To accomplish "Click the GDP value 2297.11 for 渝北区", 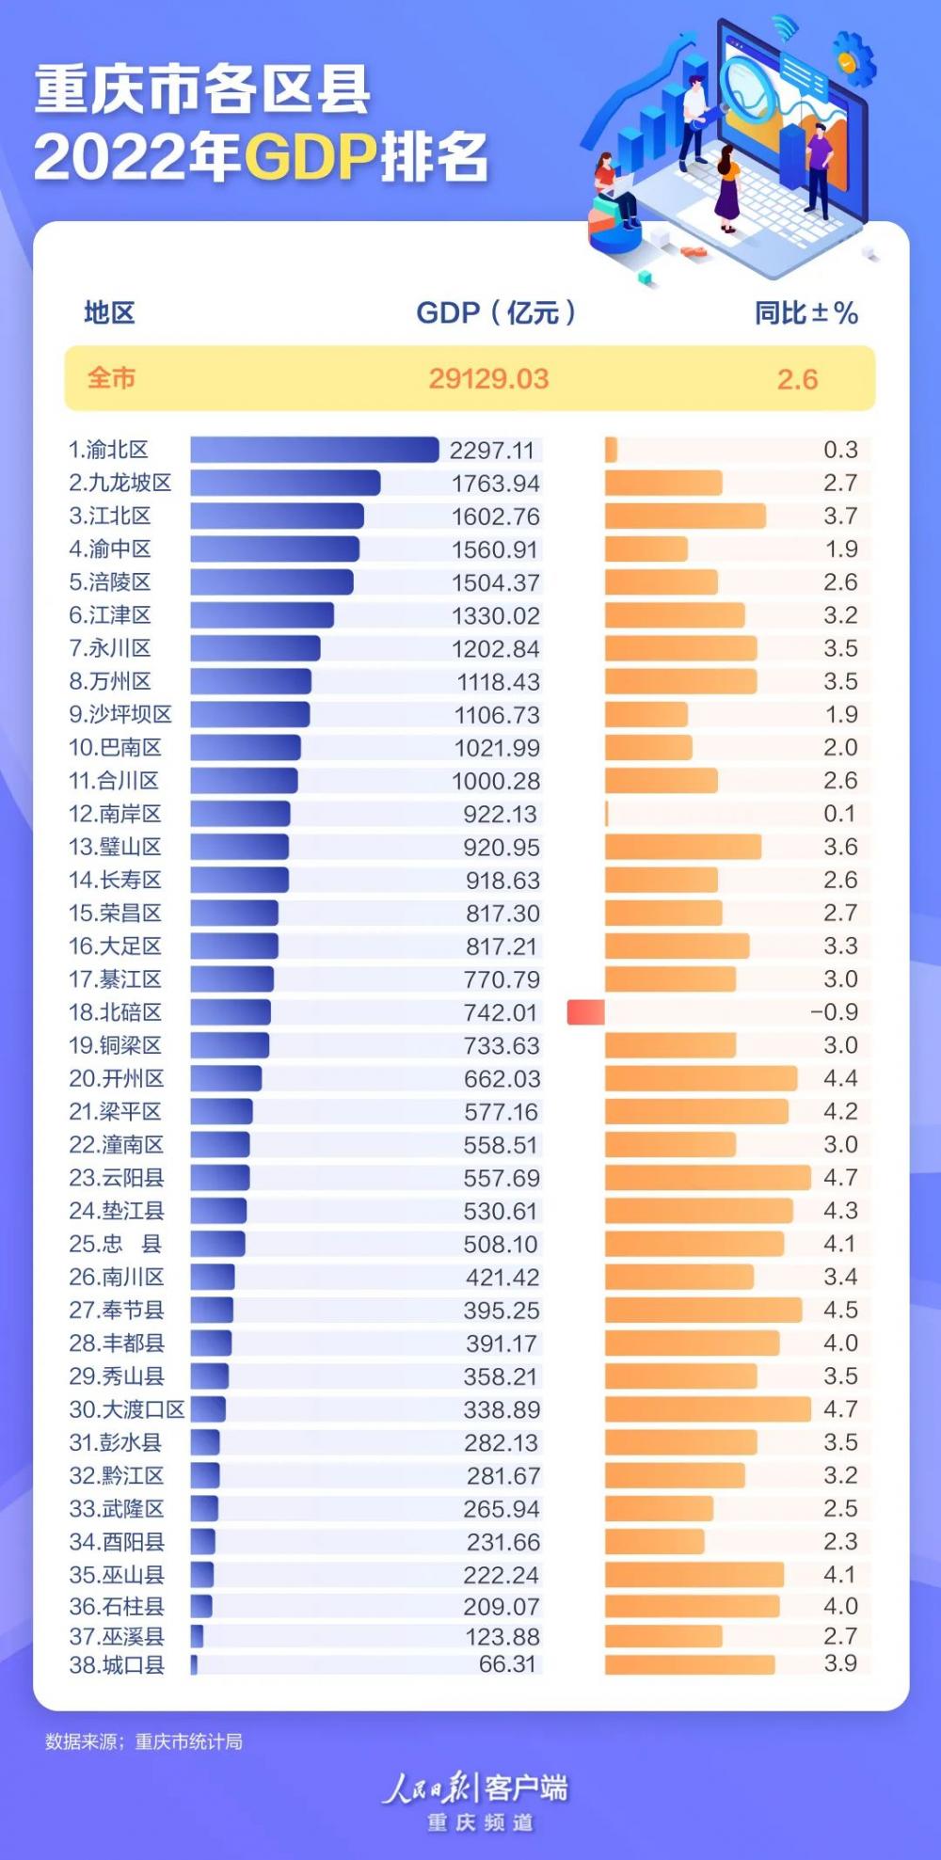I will click(491, 451).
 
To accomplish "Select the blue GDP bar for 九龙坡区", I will click(285, 484).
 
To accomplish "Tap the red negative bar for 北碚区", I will click(585, 1012).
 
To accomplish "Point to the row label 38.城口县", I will click(117, 1664).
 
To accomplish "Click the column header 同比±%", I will click(805, 313).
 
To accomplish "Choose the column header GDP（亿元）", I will click(496, 313).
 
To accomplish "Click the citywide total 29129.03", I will click(488, 379).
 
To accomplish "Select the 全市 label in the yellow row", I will click(112, 378).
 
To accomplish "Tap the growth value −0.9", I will click(834, 1012).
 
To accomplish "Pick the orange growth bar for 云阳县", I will click(708, 1178).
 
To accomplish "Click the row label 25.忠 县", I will click(116, 1244).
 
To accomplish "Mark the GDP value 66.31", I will click(507, 1664).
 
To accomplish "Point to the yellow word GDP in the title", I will click(311, 157).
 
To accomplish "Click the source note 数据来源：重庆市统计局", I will click(144, 1741).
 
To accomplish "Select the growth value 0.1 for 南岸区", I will click(839, 814).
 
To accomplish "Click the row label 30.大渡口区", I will click(127, 1409).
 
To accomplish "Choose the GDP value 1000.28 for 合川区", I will click(496, 781).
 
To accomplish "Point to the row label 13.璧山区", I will click(115, 847).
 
